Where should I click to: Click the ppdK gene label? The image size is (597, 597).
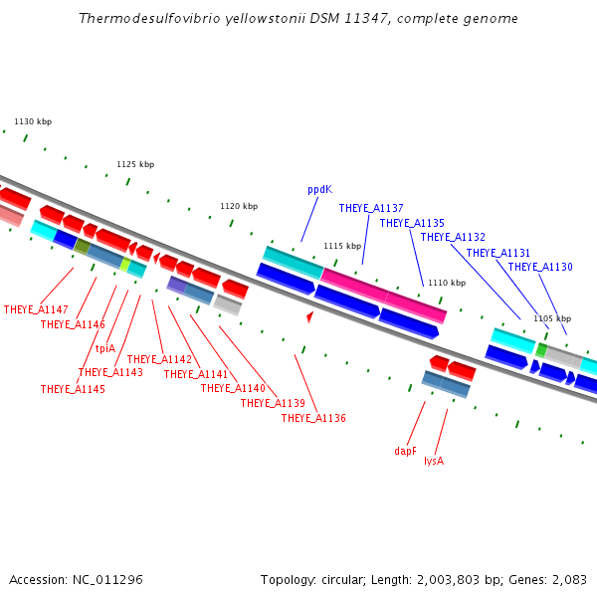pos(319,188)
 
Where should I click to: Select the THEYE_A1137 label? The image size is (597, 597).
pos(371,208)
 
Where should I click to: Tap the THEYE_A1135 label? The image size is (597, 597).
pos(412,223)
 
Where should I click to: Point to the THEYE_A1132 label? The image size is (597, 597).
pos(453,237)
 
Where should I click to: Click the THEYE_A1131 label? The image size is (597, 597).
pos(498,253)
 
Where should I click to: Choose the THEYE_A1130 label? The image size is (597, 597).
pos(540,267)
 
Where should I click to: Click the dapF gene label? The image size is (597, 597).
pos(405,451)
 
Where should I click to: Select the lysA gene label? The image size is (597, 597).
pos(434,461)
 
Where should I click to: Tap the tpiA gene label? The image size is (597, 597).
pos(105,348)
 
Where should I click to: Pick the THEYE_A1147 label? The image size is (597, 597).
pos(36,310)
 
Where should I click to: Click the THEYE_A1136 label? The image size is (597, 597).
pos(313,418)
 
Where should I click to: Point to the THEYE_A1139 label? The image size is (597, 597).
pos(273,403)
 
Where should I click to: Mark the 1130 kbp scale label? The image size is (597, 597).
pos(33,121)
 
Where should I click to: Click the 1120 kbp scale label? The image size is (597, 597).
pos(239,206)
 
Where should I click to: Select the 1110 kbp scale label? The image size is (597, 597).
pos(446,283)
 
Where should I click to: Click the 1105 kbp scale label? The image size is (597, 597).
pos(550,318)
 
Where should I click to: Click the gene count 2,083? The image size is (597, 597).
pos(568,579)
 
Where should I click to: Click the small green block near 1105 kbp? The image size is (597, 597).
pos(541,350)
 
